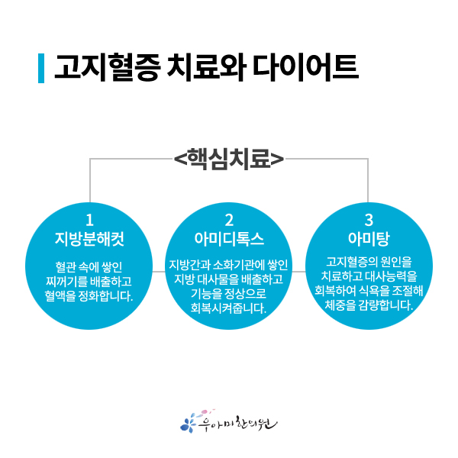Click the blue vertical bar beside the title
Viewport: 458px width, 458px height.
pyautogui.click(x=40, y=68)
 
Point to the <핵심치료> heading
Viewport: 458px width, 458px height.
pyautogui.click(x=229, y=160)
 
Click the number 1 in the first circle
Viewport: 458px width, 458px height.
pyautogui.click(x=89, y=220)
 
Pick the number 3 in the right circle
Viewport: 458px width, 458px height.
pyautogui.click(x=369, y=220)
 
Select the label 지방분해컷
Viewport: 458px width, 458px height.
pyautogui.click(x=89, y=239)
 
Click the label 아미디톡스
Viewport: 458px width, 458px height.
pyautogui.click(x=229, y=239)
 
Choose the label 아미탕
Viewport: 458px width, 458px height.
pyautogui.click(x=369, y=239)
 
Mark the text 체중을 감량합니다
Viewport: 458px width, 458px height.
pyautogui.click(x=369, y=305)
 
